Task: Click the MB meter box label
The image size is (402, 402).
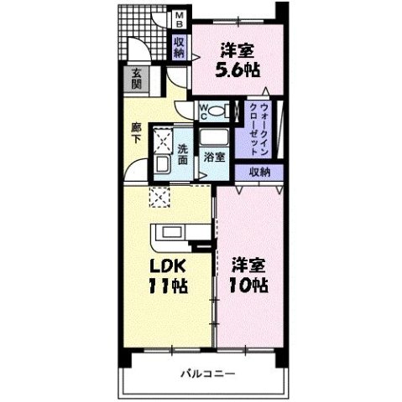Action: tap(179, 19)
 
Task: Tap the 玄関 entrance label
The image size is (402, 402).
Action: tap(136, 79)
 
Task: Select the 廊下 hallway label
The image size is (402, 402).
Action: tap(136, 133)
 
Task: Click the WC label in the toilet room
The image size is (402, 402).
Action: tap(203, 112)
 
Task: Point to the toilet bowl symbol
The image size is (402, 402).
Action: tap(216, 111)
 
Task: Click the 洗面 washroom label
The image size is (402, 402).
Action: tap(182, 154)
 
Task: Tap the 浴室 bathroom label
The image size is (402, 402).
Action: tap(214, 157)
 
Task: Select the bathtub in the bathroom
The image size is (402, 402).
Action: tap(214, 137)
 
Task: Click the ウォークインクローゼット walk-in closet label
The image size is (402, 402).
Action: tap(259, 130)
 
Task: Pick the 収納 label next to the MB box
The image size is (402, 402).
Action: tap(179, 47)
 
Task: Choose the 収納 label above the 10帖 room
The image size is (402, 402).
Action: tap(259, 173)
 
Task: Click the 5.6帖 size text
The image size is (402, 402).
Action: tap(238, 70)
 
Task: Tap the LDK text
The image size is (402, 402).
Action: tap(167, 266)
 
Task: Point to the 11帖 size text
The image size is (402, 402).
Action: tap(168, 286)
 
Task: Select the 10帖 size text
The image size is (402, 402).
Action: tap(248, 285)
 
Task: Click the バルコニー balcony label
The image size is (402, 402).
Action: tap(207, 374)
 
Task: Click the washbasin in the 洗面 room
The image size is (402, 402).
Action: tap(162, 164)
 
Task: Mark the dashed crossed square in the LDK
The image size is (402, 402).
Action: tap(159, 197)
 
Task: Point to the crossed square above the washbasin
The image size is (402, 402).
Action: tap(162, 141)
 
